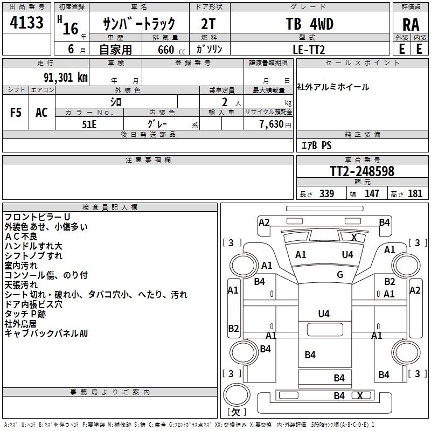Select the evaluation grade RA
[411, 25]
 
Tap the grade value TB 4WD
[309, 24]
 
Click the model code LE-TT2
[309, 49]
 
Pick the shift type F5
[16, 112]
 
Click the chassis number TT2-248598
[362, 171]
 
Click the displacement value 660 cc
[165, 50]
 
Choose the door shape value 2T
[208, 24]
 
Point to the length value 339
[326, 193]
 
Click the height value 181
[415, 193]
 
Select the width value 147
[372, 193]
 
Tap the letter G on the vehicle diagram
[340, 275]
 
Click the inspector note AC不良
[21, 236]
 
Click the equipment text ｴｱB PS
[316, 145]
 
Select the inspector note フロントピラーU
[34, 217]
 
